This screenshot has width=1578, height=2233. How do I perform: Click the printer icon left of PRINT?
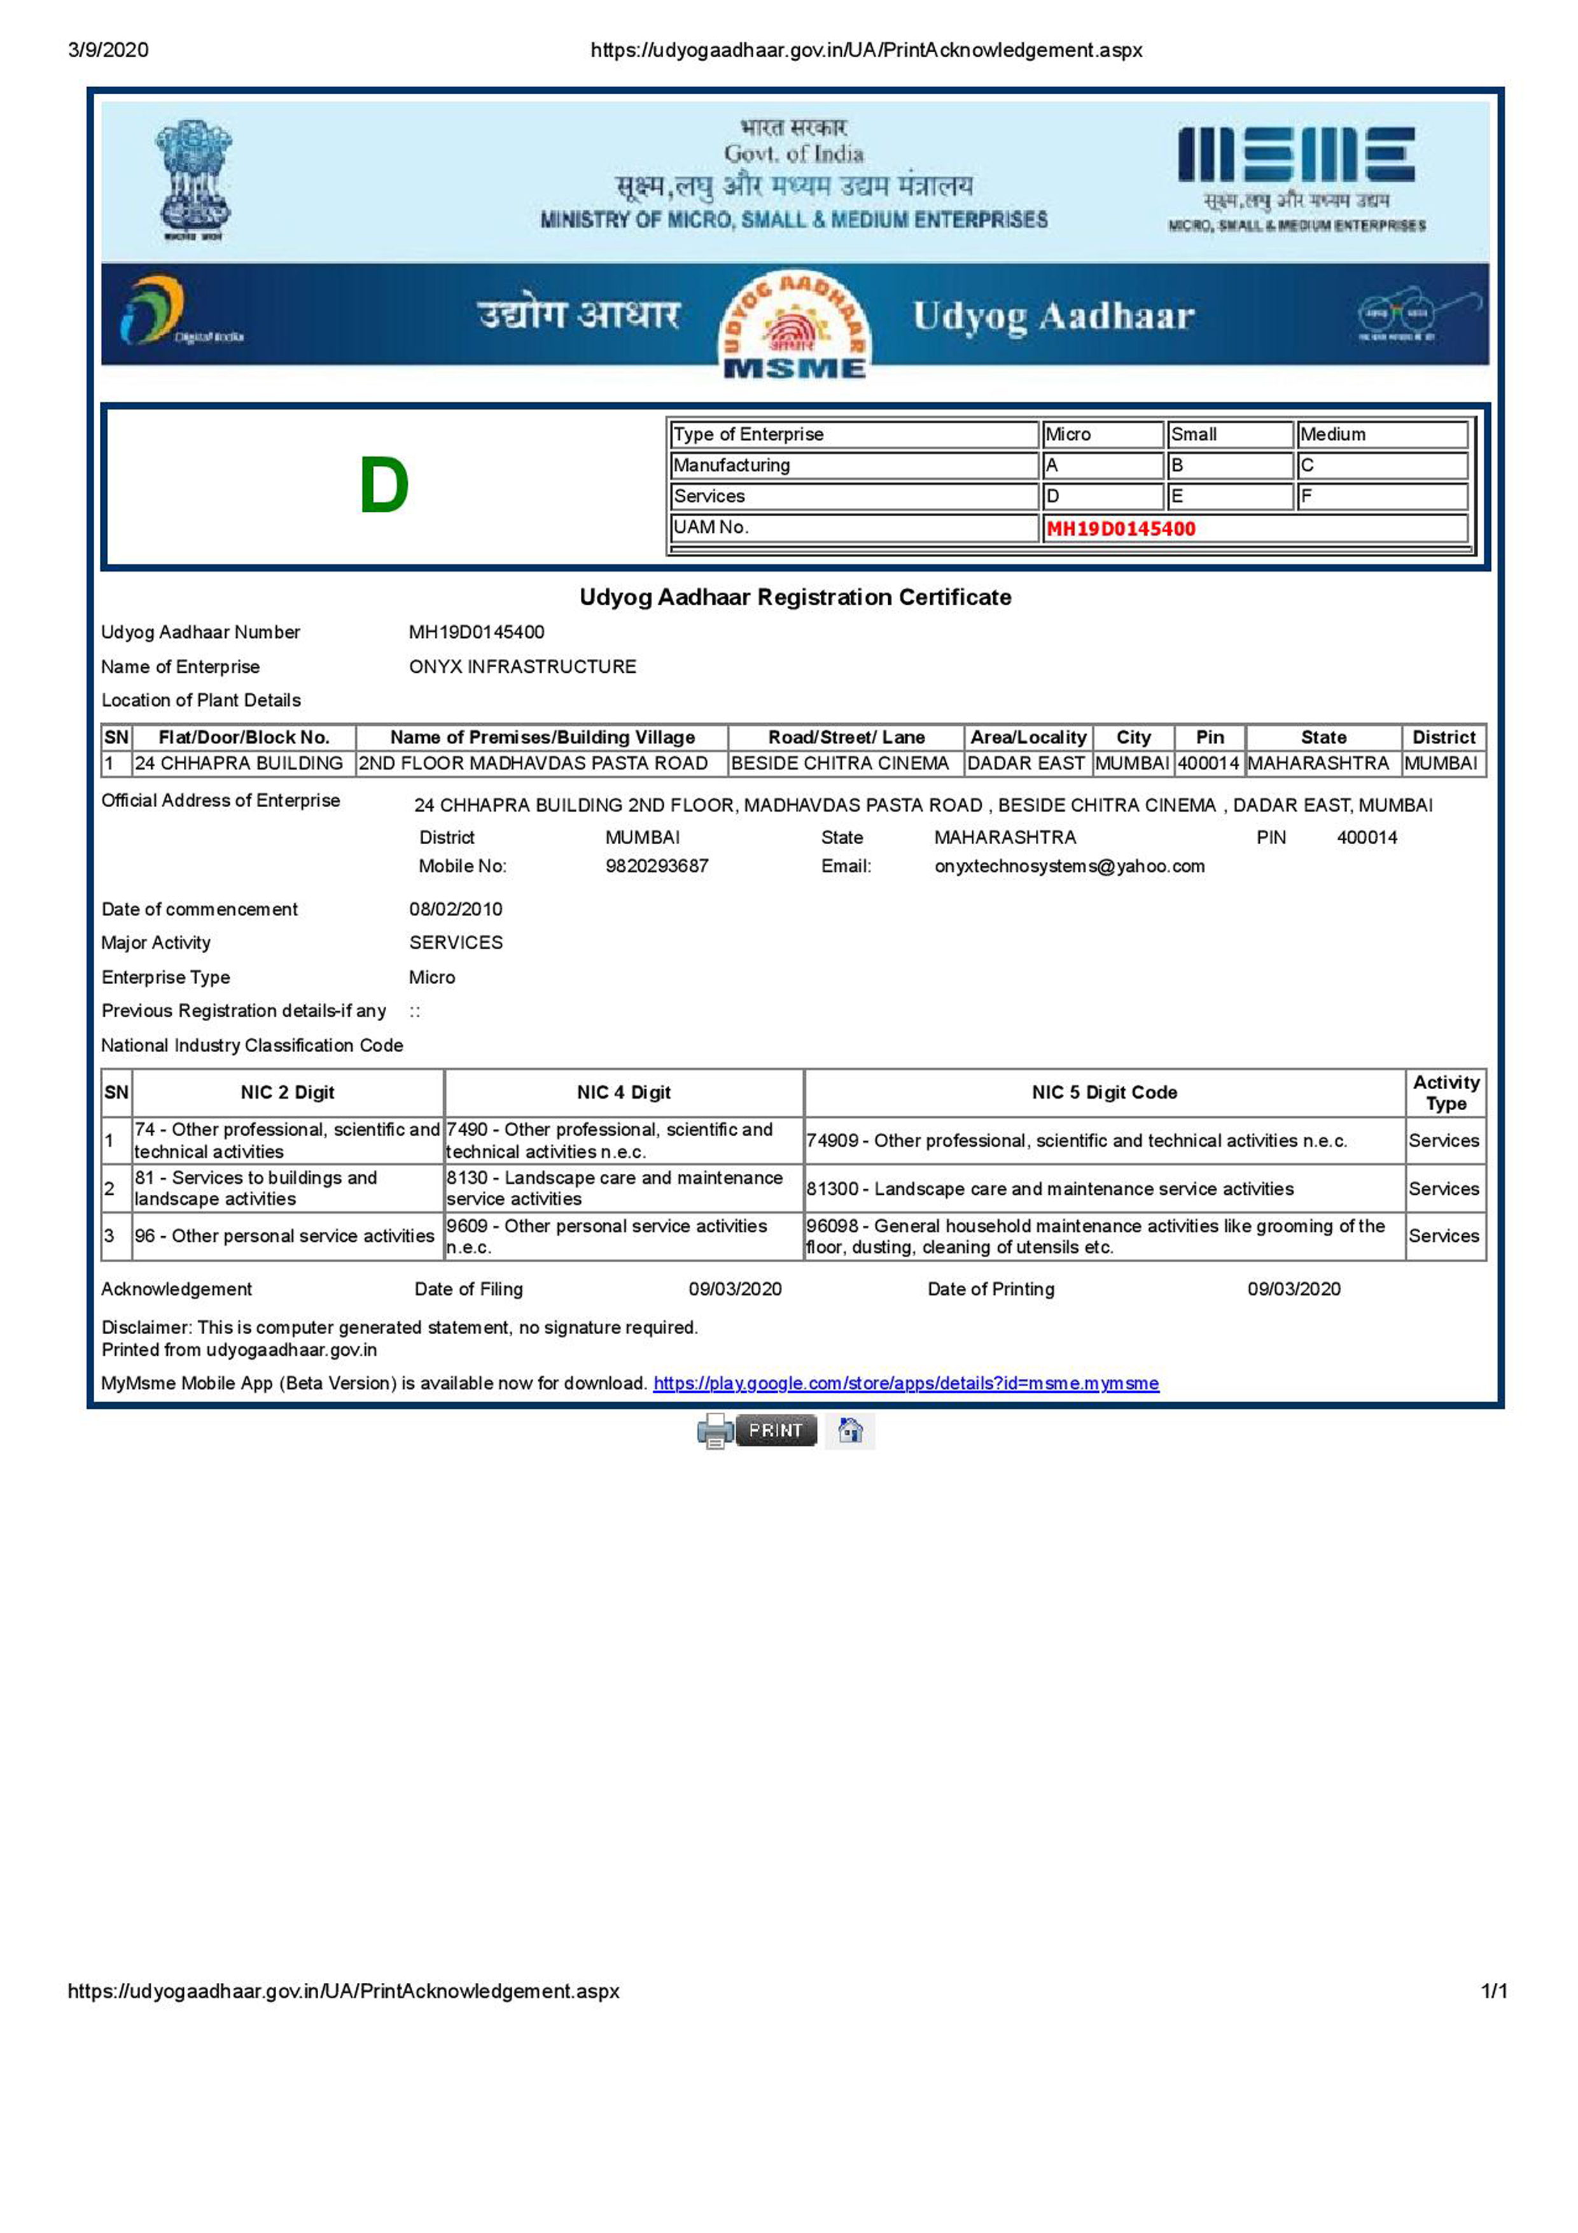715,1431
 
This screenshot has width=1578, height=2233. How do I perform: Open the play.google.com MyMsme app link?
905,1383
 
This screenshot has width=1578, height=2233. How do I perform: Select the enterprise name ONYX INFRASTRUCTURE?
522,666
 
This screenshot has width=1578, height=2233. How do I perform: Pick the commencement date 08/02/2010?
455,910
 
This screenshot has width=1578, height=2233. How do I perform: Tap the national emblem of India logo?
193,180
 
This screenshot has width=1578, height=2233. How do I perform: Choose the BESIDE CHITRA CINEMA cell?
839,763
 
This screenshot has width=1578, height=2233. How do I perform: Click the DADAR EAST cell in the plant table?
1025,763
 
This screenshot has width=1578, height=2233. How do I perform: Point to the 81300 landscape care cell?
1049,1188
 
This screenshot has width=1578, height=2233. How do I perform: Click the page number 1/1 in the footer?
1493,1991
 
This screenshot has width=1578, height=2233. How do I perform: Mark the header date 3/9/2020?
108,50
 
